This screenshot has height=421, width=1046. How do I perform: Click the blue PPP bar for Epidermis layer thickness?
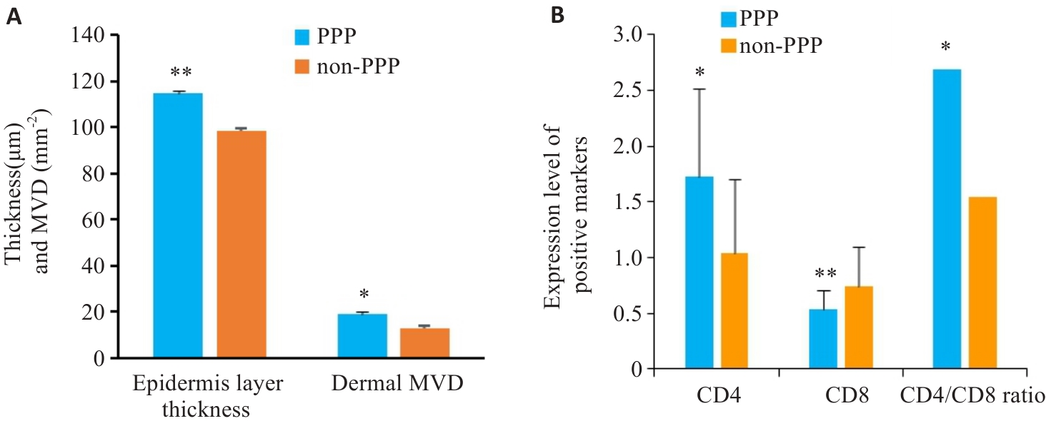pos(178,225)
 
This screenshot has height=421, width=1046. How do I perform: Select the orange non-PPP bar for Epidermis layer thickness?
pos(241,244)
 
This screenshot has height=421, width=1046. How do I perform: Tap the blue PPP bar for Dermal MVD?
pos(362,335)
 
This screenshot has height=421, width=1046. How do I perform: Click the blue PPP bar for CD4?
pos(699,273)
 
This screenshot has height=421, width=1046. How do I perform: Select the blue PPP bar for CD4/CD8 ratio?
pos(946,218)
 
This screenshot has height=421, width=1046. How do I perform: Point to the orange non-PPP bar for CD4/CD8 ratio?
pos(982,283)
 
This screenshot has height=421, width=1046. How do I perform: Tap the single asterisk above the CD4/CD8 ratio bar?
pos(945,48)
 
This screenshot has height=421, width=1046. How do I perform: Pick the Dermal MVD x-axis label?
pos(397,383)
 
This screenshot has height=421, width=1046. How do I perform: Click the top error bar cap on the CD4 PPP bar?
pos(699,89)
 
